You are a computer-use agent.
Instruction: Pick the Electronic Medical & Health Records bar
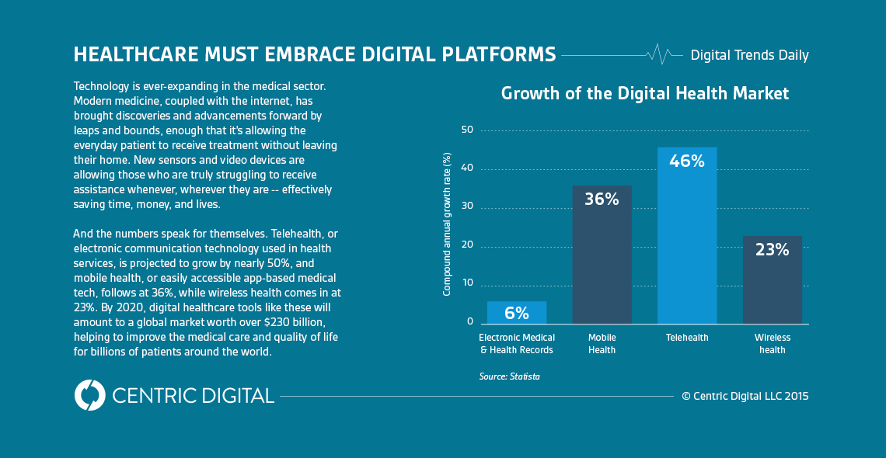(517, 312)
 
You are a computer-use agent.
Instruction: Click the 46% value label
(687, 161)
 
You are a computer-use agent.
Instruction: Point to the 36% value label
(602, 200)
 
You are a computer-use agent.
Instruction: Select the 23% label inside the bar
(772, 250)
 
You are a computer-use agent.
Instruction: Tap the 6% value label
(517, 314)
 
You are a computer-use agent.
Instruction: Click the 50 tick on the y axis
(466, 130)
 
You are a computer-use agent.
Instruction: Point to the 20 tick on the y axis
(466, 245)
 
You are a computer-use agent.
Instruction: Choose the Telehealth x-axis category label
(687, 338)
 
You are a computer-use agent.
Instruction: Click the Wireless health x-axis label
(772, 344)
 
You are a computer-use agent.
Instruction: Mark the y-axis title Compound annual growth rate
(447, 224)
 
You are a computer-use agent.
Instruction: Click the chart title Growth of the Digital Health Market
(645, 94)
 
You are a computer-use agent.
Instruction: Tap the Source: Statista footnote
(509, 376)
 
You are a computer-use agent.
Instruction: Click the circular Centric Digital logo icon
(89, 395)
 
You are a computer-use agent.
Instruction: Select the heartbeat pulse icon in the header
(659, 54)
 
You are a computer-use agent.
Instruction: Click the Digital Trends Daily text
(749, 55)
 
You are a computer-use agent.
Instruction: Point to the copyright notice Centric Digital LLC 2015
(745, 396)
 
